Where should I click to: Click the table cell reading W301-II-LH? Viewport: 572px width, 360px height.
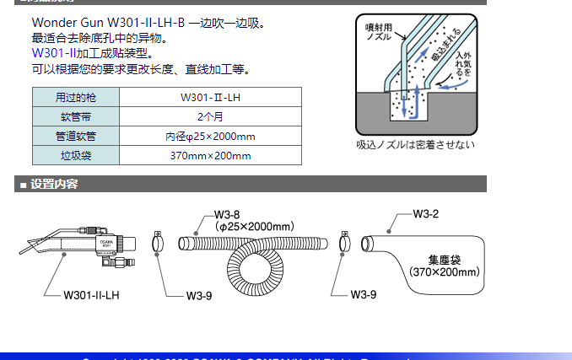coord(210,97)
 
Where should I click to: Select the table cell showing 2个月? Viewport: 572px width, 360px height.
coord(210,116)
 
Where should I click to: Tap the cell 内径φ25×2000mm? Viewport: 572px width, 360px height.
coord(210,136)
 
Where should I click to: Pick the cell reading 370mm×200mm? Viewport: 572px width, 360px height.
coord(210,155)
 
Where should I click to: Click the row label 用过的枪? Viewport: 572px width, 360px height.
coord(76,97)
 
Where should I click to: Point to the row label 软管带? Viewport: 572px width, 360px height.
coord(76,116)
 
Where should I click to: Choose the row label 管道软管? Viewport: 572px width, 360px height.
coord(76,136)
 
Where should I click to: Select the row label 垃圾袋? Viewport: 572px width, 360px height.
coord(76,155)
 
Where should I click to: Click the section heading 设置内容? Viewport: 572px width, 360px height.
coord(54,184)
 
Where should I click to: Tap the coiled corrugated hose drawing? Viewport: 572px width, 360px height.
coord(253,261)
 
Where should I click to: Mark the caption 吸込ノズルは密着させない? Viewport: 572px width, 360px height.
coord(415,144)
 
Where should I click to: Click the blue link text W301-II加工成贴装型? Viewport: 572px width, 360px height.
coord(92,54)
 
